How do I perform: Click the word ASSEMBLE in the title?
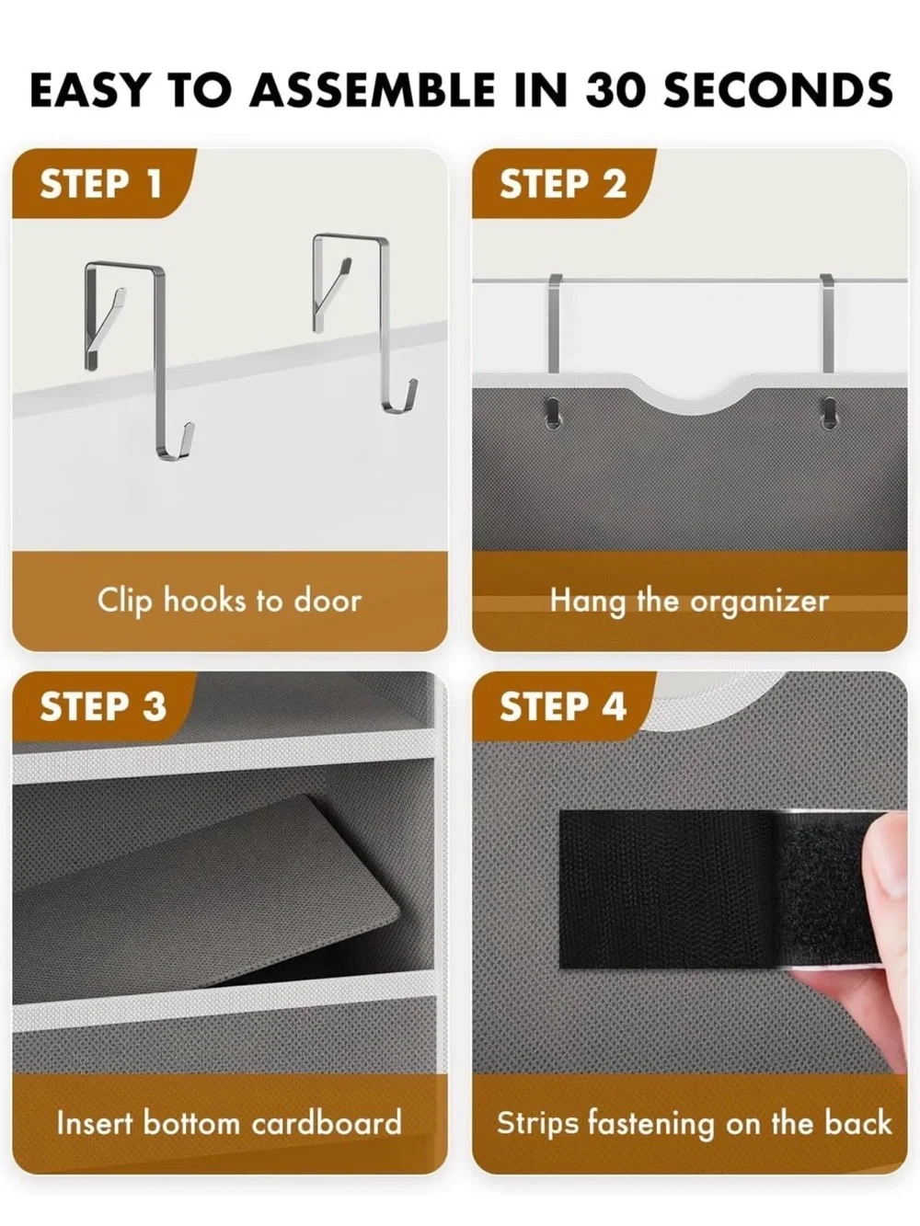pyautogui.click(x=373, y=89)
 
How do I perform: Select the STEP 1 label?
pyautogui.click(x=101, y=184)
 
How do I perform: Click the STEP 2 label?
pyautogui.click(x=563, y=184)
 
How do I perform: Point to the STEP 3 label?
pyautogui.click(x=103, y=706)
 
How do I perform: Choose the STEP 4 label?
pyautogui.click(x=563, y=706)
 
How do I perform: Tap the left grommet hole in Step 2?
pyautogui.click(x=553, y=413)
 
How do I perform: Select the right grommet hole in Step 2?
pyautogui.click(x=830, y=413)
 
